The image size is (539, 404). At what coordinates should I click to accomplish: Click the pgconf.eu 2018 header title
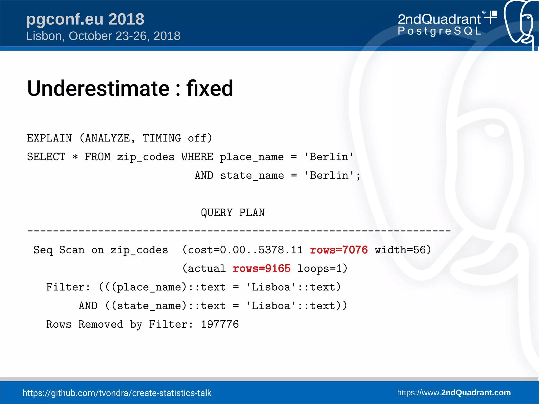[85, 19]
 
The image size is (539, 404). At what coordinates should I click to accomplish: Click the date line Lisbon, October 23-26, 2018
[103, 36]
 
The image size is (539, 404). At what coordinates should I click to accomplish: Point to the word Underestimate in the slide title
[98, 88]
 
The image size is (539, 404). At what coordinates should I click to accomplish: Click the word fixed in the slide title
[210, 88]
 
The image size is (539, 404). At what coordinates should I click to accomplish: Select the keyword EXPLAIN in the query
[49, 138]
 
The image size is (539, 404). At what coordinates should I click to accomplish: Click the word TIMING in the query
[162, 138]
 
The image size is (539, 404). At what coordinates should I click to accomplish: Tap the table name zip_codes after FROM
[146, 157]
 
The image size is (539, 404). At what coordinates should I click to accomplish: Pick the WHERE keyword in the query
[197, 157]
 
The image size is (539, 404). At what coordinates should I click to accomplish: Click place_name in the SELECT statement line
[252, 157]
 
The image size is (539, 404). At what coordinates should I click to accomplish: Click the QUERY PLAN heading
[233, 213]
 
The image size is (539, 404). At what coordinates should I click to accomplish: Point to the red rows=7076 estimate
[339, 250]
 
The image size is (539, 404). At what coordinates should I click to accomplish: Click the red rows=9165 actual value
[262, 269]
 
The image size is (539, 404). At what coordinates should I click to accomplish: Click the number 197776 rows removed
[220, 324]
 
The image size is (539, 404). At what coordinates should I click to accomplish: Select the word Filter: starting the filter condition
[68, 287]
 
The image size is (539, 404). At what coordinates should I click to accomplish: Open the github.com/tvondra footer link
[117, 393]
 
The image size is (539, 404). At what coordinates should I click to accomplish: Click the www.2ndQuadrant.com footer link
[454, 392]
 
